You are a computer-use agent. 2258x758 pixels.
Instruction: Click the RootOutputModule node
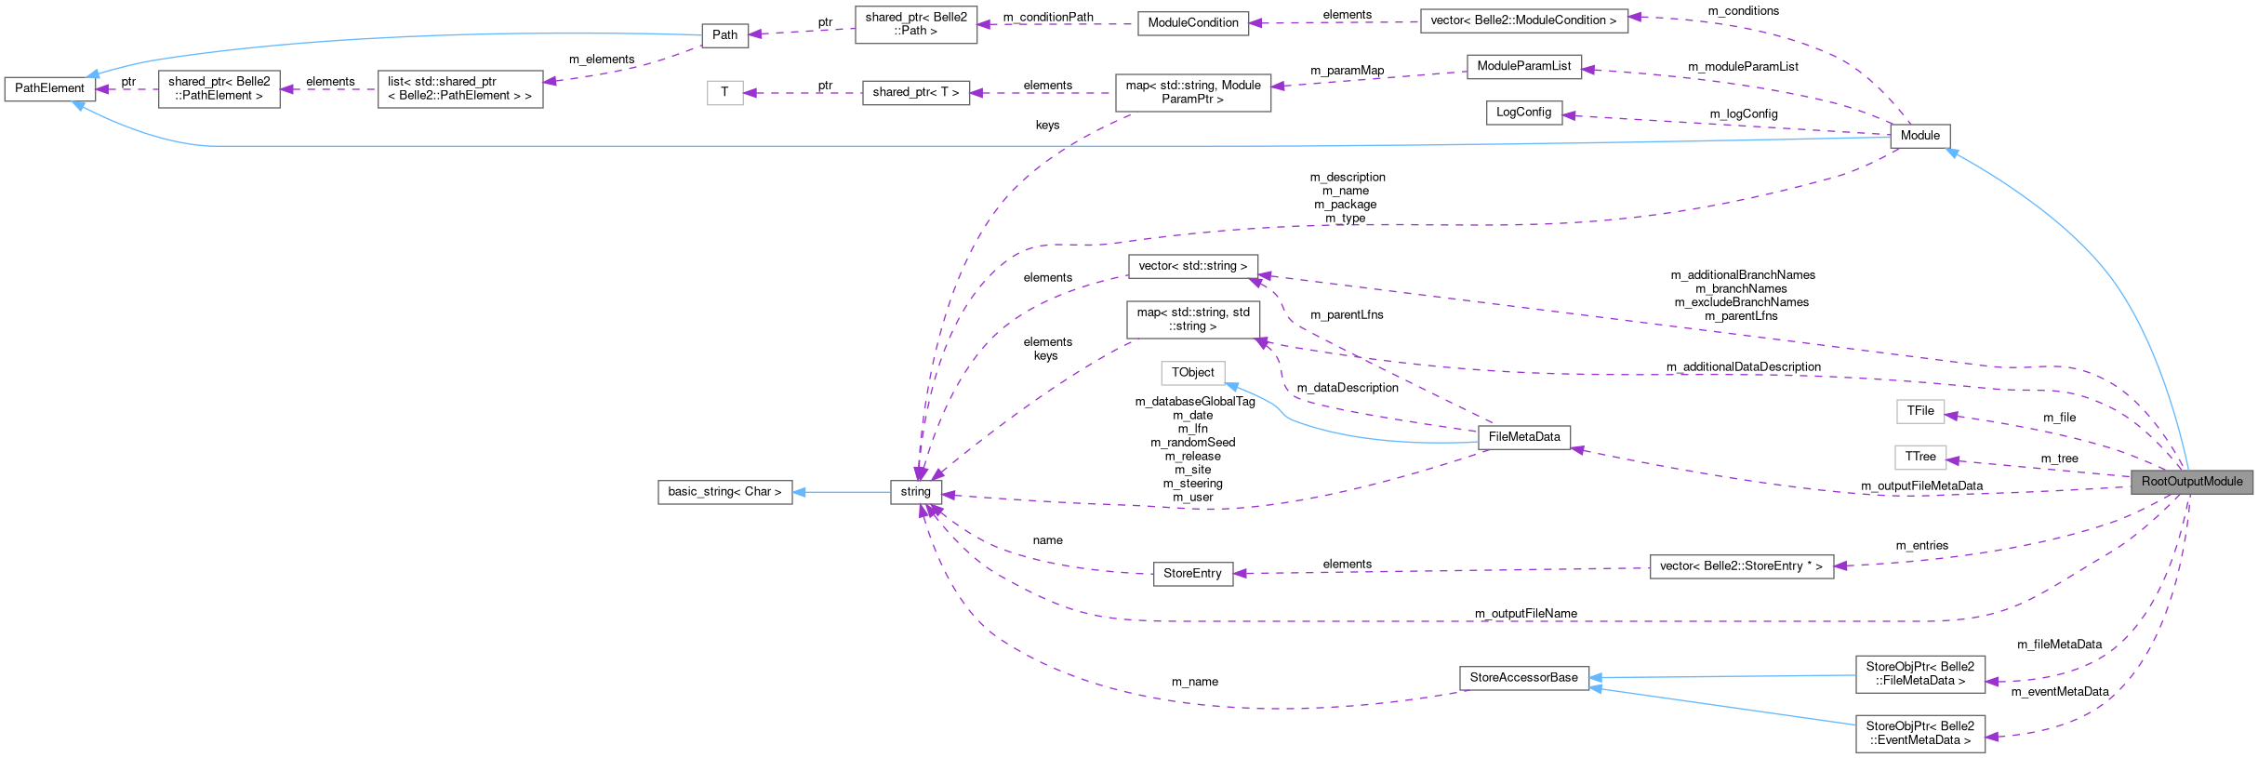2191,482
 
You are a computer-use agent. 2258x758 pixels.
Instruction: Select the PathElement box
49,88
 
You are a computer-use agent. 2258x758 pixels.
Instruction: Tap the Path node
724,35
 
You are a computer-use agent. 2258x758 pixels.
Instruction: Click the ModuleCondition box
1192,23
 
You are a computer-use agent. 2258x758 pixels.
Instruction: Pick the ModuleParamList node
1523,66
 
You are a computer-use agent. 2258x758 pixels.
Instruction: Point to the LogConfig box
1523,113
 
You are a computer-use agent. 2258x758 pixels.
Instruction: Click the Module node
1919,136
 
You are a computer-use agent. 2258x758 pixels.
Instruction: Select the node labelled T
724,93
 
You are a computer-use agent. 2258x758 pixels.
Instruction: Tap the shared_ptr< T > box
915,93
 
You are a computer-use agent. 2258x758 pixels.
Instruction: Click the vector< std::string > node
1192,266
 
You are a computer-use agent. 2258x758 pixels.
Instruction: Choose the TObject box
1192,373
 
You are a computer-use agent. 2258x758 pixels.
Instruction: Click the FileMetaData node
1523,437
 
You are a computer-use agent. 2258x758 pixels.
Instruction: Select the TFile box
1919,411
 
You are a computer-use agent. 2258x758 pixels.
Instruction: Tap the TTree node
1919,458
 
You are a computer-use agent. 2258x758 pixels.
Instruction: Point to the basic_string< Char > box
724,492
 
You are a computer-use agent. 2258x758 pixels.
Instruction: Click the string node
915,492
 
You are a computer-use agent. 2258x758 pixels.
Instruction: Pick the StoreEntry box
1192,574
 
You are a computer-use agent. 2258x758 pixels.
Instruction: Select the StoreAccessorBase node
1523,678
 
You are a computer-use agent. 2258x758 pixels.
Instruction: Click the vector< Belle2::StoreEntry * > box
1741,566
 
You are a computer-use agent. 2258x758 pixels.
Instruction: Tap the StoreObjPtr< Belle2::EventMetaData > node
1919,734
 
